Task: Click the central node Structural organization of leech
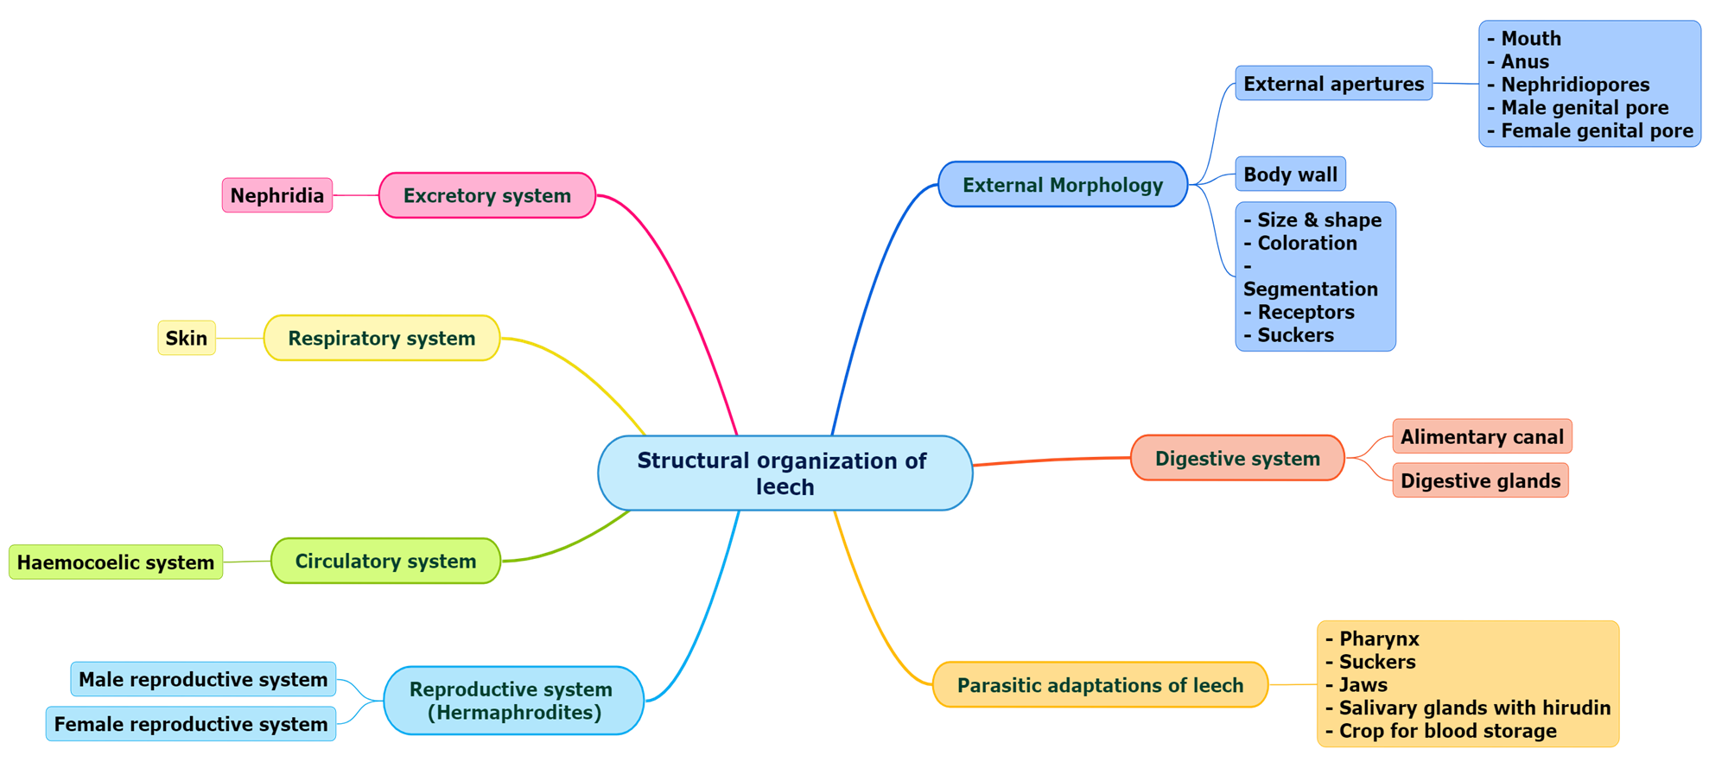click(785, 473)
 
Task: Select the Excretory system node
click(486, 195)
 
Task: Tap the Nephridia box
click(276, 195)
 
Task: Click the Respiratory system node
click(381, 338)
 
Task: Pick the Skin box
click(187, 338)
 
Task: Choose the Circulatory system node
click(385, 561)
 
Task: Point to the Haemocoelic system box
click(116, 562)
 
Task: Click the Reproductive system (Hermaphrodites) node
click(513, 701)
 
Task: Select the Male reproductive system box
click(203, 679)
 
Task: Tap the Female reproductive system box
click(191, 724)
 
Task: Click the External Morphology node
click(1063, 185)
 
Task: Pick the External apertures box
click(1333, 84)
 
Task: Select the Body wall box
click(1290, 175)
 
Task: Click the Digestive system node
click(1237, 459)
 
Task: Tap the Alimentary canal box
click(1482, 436)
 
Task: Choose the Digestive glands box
click(1480, 481)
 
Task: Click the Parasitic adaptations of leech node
click(1100, 685)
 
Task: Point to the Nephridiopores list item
click(1574, 85)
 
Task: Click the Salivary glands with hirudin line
click(1474, 708)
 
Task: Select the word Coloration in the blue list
click(1306, 244)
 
